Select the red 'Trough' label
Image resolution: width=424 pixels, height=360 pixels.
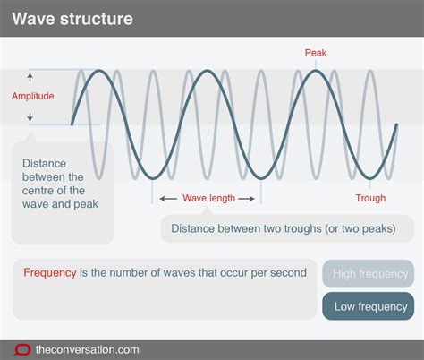click(x=370, y=198)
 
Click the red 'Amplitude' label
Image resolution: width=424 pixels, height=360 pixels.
click(x=33, y=96)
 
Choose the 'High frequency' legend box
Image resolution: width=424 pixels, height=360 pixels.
click(x=369, y=274)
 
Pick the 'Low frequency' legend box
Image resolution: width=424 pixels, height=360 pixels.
click(x=369, y=306)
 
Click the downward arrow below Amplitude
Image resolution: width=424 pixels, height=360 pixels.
click(x=30, y=116)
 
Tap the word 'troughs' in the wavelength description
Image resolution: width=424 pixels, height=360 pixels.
click(x=304, y=228)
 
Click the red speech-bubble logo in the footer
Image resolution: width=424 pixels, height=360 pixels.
click(x=22, y=347)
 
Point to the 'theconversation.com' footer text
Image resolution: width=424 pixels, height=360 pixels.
click(x=88, y=347)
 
